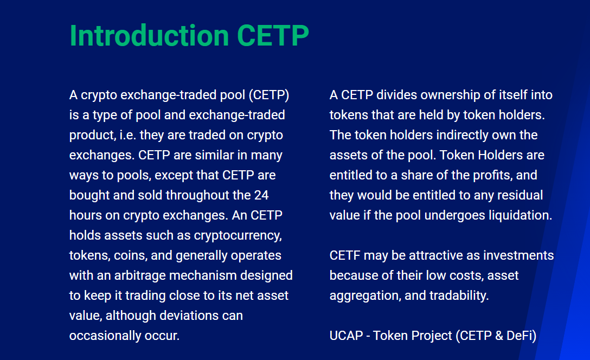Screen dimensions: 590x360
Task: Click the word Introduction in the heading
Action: tap(149, 36)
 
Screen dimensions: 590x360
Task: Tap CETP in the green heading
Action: tap(273, 36)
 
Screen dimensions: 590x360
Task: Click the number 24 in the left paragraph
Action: tap(261, 195)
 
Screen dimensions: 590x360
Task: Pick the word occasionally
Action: tap(105, 336)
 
